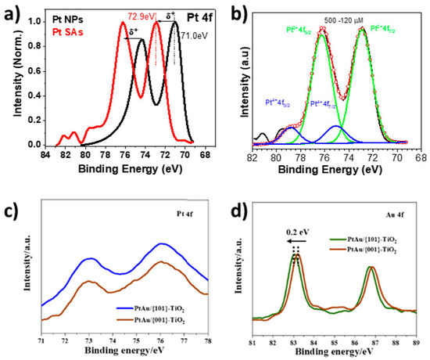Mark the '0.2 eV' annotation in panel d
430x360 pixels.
(295, 232)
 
